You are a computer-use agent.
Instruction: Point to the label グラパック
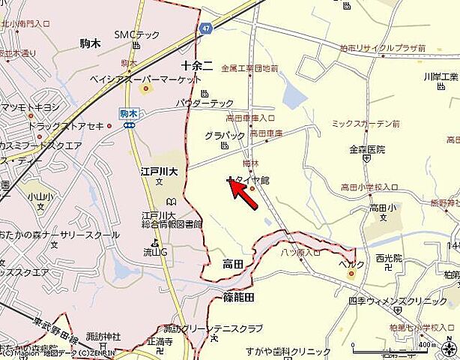pos(225,136)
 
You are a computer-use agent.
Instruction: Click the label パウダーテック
pos(205,102)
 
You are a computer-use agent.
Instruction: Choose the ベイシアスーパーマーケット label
pos(150,79)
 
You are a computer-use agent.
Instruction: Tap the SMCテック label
pos(136,34)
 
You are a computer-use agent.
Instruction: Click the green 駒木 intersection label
pos(129,114)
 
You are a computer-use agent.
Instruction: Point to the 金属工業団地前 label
pos(250,68)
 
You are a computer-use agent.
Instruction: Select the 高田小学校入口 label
pos(367,186)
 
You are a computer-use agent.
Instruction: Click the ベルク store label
pos(351,264)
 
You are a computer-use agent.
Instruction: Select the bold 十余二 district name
pos(198,65)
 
